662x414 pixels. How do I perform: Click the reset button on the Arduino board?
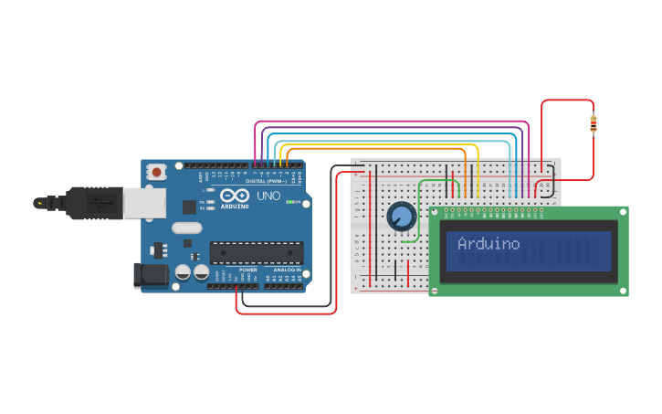pyautogui.click(x=157, y=171)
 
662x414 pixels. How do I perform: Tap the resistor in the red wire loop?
pyautogui.click(x=594, y=123)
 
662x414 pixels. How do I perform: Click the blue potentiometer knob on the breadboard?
pyautogui.click(x=400, y=217)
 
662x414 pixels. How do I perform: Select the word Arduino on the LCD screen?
pyautogui.click(x=489, y=244)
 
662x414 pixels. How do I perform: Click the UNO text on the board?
pyautogui.click(x=268, y=196)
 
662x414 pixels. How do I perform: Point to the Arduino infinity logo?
pyautogui.click(x=234, y=196)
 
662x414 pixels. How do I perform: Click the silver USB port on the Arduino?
pyautogui.click(x=144, y=202)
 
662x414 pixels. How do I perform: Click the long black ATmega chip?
pyautogui.click(x=257, y=252)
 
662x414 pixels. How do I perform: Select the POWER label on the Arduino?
pyautogui.click(x=247, y=271)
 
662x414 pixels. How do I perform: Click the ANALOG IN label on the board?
pyautogui.click(x=286, y=271)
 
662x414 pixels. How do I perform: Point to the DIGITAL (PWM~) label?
pyautogui.click(x=266, y=181)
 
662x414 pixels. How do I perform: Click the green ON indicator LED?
pyautogui.click(x=293, y=202)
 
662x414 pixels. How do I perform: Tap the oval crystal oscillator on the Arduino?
pyautogui.click(x=186, y=228)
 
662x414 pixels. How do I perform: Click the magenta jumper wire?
pyautogui.click(x=393, y=122)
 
